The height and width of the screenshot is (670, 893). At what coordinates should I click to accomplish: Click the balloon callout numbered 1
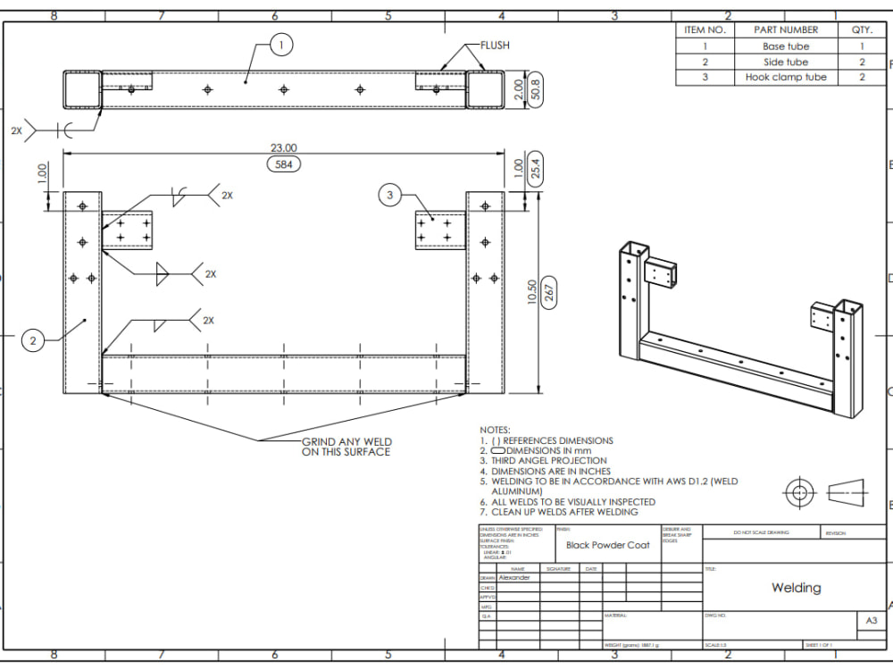[281, 44]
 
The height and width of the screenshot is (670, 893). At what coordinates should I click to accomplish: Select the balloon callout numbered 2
[33, 340]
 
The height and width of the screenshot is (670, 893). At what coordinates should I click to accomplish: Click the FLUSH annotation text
[495, 46]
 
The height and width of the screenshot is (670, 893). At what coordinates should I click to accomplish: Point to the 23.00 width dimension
[283, 148]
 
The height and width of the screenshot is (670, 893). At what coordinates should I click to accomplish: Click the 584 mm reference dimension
[283, 164]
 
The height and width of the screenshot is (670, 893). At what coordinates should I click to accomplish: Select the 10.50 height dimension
[532, 292]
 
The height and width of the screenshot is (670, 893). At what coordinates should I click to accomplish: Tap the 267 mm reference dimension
[550, 292]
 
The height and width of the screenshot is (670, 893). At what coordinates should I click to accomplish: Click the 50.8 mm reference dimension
[535, 90]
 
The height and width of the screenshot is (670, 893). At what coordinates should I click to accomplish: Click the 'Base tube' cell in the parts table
[786, 46]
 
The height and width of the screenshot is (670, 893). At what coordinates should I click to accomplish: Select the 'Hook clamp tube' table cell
[786, 78]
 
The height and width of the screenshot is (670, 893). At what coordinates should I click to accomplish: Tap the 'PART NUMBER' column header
[786, 30]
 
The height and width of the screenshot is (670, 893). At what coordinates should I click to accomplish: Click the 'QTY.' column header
[862, 30]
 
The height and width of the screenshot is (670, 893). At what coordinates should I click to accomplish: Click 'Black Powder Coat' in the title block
[607, 545]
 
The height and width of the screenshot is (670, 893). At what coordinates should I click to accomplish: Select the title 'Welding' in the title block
[796, 588]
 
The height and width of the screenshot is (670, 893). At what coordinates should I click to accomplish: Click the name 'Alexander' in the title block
[513, 578]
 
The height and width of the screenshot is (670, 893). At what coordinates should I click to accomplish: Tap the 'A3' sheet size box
[872, 619]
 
